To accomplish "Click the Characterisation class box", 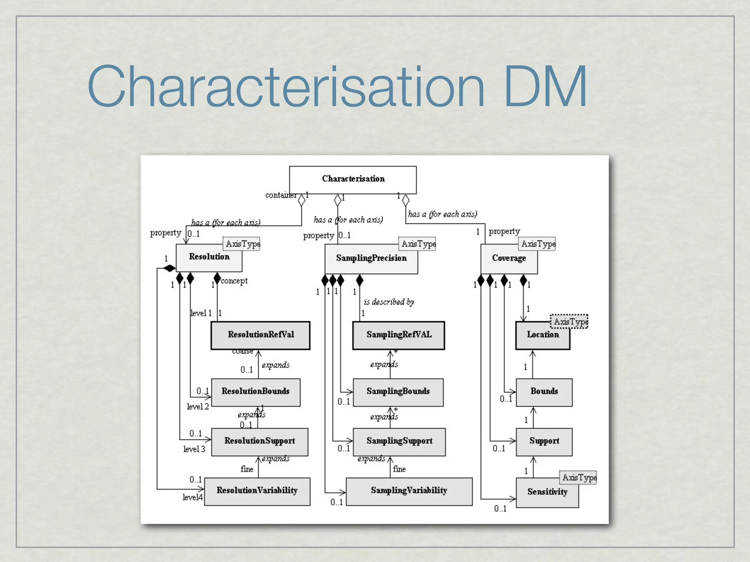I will pyautogui.click(x=353, y=179).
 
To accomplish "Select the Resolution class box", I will pyautogui.click(x=209, y=258).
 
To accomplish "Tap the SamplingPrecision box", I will pyautogui.click(x=371, y=259).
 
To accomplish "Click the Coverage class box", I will pyautogui.click(x=509, y=259).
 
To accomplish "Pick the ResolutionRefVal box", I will pyautogui.click(x=260, y=335).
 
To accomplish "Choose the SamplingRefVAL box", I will pyautogui.click(x=398, y=335).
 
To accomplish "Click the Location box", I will pyautogui.click(x=542, y=335).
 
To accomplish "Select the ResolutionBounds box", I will pyautogui.click(x=255, y=392).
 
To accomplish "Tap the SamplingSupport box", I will pyautogui.click(x=399, y=442).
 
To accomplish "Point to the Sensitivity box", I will pyautogui.click(x=547, y=492).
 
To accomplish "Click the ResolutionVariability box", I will pyautogui.click(x=257, y=491).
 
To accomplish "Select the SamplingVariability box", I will pyautogui.click(x=409, y=491).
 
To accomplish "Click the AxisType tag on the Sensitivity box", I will pyautogui.click(x=578, y=477).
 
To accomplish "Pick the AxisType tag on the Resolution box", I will pyautogui.click(x=242, y=244).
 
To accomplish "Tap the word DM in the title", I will pyautogui.click(x=545, y=86).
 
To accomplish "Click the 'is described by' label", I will pyautogui.click(x=389, y=302).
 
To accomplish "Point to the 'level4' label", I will pyautogui.click(x=192, y=497).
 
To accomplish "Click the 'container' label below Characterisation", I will pyautogui.click(x=281, y=195).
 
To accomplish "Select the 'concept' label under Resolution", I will pyautogui.click(x=234, y=281).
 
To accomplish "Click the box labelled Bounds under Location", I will pyautogui.click(x=544, y=392).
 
